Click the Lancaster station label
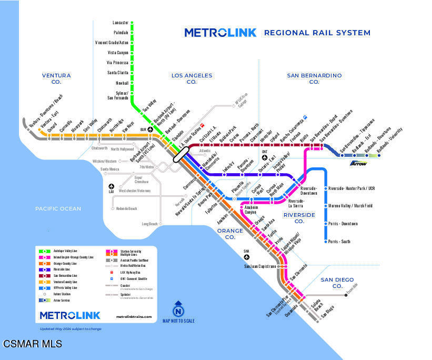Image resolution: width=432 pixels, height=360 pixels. click(x=120, y=23)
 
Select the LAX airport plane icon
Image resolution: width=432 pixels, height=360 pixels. click(x=112, y=186)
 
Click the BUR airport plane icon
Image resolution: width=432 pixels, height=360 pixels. click(x=150, y=129)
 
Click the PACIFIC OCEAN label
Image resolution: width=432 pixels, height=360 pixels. click(x=58, y=209)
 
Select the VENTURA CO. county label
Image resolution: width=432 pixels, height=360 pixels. click(x=56, y=78)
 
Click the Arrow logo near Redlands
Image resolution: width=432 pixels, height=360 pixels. click(x=358, y=163)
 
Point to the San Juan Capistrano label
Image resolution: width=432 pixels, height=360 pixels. click(x=259, y=266)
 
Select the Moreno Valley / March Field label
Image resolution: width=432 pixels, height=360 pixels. click(x=350, y=206)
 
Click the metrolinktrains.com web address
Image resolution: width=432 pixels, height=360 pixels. click(x=134, y=316)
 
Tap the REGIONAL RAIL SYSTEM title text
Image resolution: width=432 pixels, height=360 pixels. click(x=317, y=33)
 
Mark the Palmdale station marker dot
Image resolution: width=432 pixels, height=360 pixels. click(x=132, y=33)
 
